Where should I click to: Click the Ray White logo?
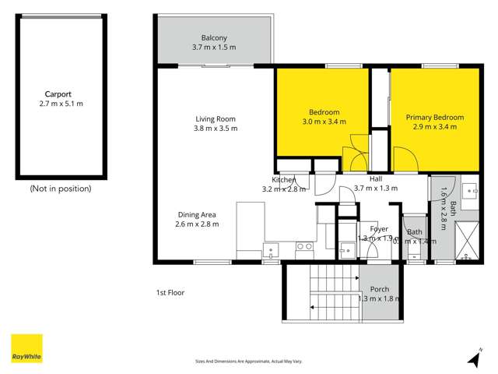pyautogui.click(x=26, y=348)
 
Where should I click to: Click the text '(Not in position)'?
pyautogui.click(x=60, y=189)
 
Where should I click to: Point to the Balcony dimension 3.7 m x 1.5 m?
pyautogui.click(x=214, y=48)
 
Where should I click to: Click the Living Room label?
pyautogui.click(x=216, y=118)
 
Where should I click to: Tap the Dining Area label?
pyautogui.click(x=196, y=214)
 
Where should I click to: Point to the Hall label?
pyautogui.click(x=375, y=178)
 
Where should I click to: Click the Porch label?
pyautogui.click(x=379, y=289)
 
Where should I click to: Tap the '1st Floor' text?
pyautogui.click(x=170, y=293)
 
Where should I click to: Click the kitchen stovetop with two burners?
pyautogui.click(x=304, y=247)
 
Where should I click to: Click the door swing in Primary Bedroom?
pyautogui.click(x=402, y=160)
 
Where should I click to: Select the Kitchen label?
pyautogui.click(x=284, y=180)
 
